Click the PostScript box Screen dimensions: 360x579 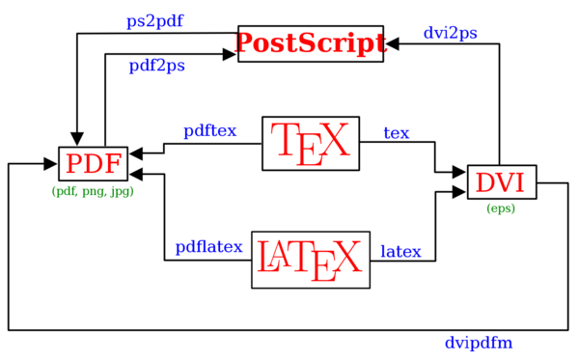coord(310,44)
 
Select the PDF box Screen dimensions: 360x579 coord(94,165)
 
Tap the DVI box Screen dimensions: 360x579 coord(501,181)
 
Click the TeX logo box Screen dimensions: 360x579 coord(310,143)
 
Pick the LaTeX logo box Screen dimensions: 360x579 coord(310,259)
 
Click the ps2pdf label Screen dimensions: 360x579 coord(155,20)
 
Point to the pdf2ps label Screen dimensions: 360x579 coord(157,66)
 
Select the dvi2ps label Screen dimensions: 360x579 coord(450,33)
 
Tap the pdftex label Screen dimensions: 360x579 coord(209,131)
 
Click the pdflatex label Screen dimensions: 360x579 coord(208,248)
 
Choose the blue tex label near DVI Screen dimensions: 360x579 coord(397,133)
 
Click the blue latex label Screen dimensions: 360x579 coord(400,252)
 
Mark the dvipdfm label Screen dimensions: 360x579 coord(478,343)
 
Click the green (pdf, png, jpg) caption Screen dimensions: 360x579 coord(93,191)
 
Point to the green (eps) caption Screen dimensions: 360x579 coord(501,208)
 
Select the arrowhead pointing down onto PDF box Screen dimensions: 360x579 coord(77,139)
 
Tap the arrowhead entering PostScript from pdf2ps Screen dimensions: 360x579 coord(232,56)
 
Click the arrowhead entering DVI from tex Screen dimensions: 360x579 coord(460,172)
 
